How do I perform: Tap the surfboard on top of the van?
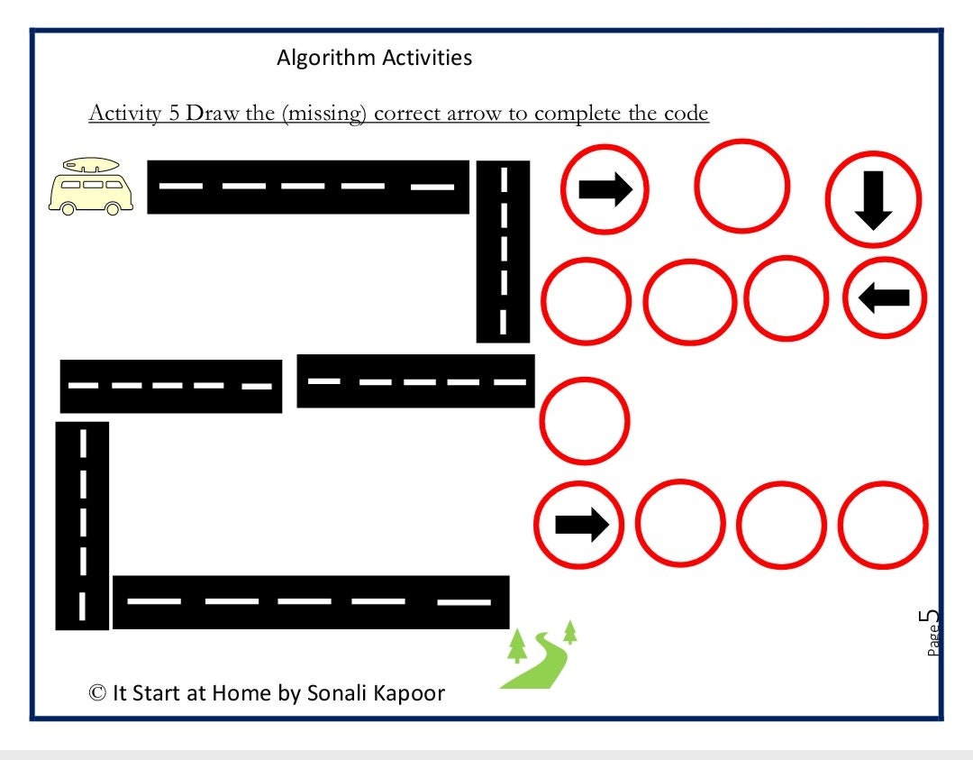[x=89, y=165]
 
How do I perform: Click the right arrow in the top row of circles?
[x=605, y=189]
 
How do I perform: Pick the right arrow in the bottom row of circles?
[x=581, y=525]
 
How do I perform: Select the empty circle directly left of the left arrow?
[x=786, y=299]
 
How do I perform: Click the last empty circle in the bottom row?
[x=882, y=526]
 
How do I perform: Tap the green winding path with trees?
[x=539, y=658]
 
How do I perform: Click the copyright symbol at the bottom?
[x=97, y=692]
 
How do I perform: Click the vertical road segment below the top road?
[x=503, y=252]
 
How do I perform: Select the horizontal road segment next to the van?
[x=308, y=187]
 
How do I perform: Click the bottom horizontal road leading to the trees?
[x=311, y=601]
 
